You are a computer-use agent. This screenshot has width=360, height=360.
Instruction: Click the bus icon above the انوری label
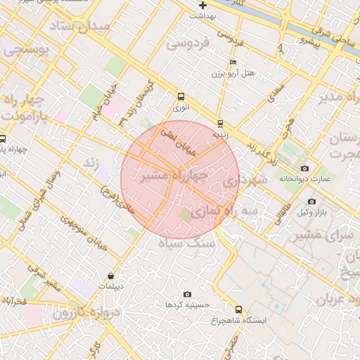(x=181, y=97)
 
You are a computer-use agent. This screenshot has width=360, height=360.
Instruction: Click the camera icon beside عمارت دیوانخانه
(x=304, y=168)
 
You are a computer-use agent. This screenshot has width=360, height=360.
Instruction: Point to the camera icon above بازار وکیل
(x=311, y=201)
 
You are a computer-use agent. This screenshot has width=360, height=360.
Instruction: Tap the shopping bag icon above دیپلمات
(x=111, y=275)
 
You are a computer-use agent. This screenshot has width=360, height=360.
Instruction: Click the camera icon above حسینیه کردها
(x=187, y=294)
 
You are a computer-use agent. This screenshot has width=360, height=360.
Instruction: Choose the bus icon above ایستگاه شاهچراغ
(x=238, y=309)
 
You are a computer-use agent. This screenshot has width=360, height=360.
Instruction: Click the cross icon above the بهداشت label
(x=202, y=5)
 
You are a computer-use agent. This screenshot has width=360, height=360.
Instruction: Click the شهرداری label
(x=245, y=181)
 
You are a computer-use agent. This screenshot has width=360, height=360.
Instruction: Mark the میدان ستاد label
(x=77, y=29)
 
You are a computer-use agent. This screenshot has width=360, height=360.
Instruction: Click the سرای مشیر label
(x=324, y=234)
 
